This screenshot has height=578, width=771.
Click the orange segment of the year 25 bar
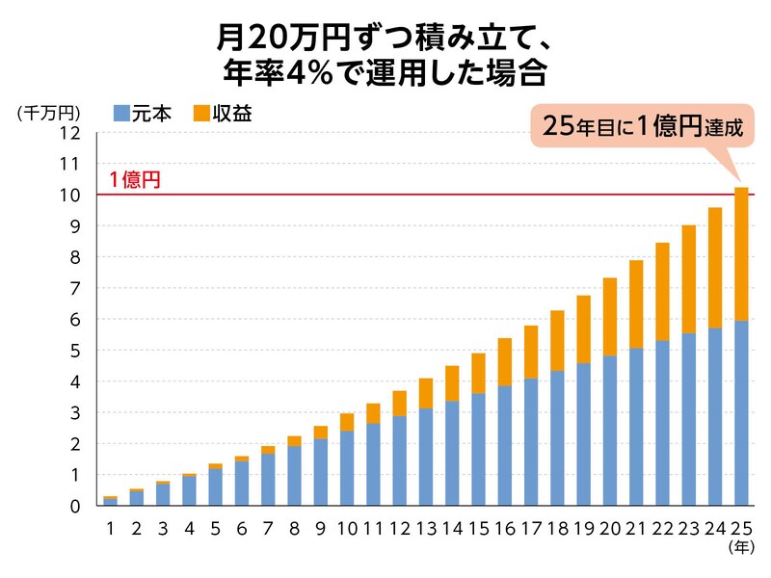(741, 253)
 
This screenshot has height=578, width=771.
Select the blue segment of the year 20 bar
(610, 431)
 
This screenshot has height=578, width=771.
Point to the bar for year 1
(111, 501)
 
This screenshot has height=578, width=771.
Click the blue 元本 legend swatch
(120, 113)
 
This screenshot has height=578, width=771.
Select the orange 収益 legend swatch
(201, 113)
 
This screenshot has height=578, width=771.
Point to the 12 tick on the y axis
(66, 133)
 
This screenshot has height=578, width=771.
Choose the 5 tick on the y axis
(72, 351)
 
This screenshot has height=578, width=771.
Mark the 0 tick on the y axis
(72, 506)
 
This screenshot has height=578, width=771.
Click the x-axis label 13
(425, 528)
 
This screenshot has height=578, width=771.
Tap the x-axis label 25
(740, 528)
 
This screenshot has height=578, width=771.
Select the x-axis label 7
(268, 528)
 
